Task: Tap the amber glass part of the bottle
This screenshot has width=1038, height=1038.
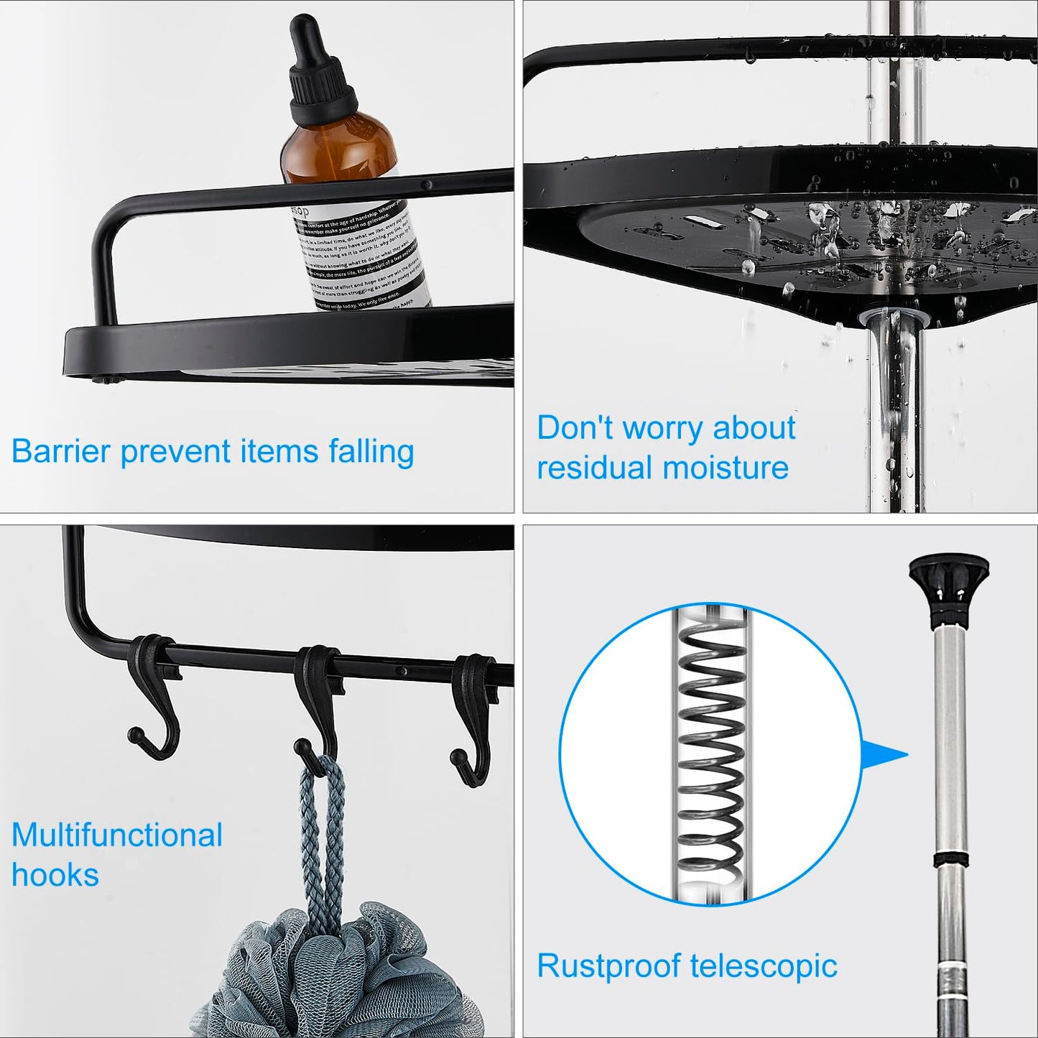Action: (338, 154)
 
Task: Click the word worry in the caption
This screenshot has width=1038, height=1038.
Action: (663, 429)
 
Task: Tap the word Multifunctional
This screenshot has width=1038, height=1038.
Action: (117, 835)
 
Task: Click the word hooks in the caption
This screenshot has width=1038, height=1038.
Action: (55, 875)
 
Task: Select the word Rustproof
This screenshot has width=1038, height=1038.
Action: (609, 967)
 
